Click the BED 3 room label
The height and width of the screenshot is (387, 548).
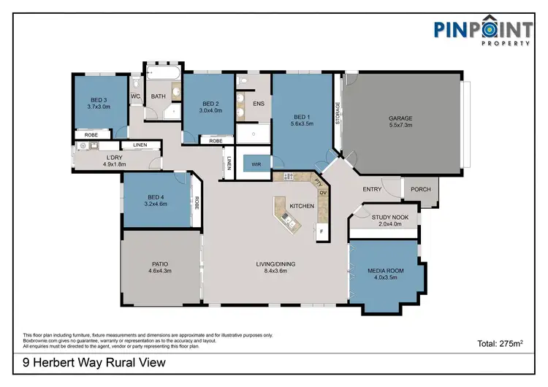pos(99,100)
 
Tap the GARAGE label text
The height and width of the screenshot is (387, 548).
pos(400,118)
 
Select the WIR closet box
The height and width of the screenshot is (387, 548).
pos(255,164)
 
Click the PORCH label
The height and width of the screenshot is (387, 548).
pos(420,190)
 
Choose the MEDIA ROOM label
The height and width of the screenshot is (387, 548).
pos(384,272)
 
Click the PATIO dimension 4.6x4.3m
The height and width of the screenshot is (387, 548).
pos(160,272)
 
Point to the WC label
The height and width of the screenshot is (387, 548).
pos(135,96)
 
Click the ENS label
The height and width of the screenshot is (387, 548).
pos(258,104)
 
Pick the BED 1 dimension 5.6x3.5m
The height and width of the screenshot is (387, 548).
pos(302,124)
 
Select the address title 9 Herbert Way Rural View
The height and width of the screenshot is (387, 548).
pos(90,362)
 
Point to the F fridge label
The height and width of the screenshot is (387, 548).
pos(321,231)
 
